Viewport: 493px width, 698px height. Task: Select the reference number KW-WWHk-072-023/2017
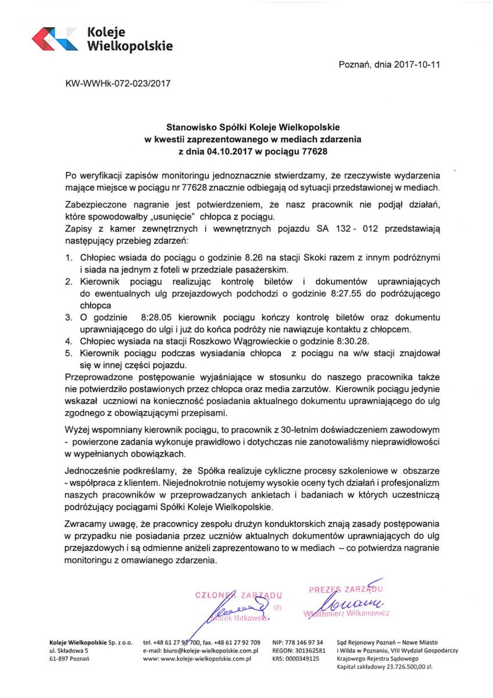click(119, 83)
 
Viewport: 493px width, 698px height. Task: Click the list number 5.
click(67, 354)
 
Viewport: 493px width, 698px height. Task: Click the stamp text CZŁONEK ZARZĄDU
click(239, 595)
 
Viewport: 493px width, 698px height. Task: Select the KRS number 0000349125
click(299, 659)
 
